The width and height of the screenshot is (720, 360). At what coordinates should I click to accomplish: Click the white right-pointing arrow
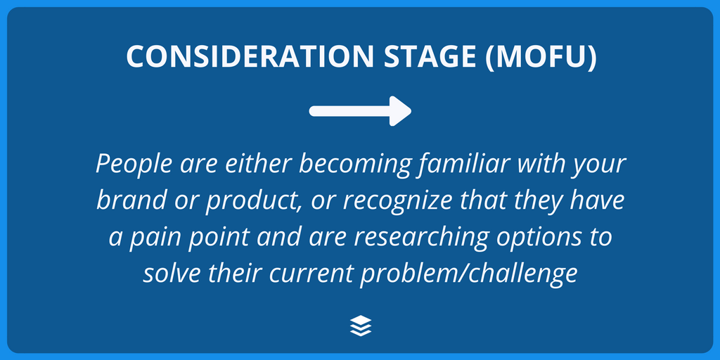[x=360, y=110]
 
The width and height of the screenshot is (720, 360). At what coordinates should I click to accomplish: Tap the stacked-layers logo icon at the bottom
[x=360, y=325]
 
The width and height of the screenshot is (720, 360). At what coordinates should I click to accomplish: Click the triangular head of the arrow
[x=401, y=110]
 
